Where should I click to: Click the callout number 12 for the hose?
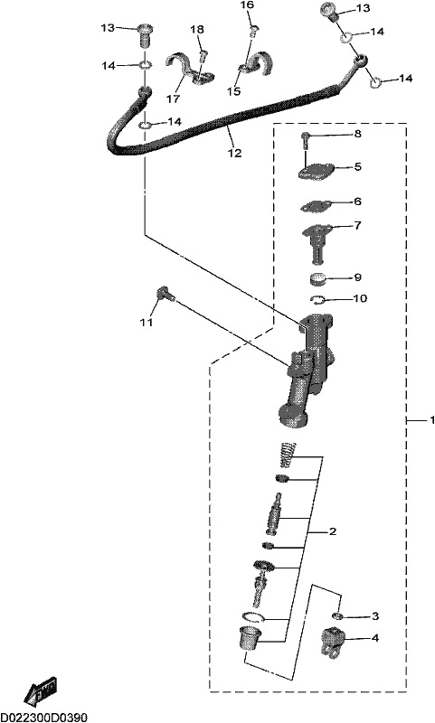tap(234, 153)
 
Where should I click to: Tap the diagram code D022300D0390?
tap(43, 717)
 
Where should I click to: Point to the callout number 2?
tap(333, 531)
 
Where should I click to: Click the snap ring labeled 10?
tap(317, 301)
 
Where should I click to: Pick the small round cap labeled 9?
tap(317, 279)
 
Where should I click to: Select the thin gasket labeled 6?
tap(316, 206)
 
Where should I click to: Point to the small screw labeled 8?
tap(306, 140)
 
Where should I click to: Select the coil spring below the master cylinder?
tap(288, 455)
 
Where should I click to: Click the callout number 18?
tap(196, 30)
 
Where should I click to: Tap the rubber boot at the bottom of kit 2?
tap(250, 639)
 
